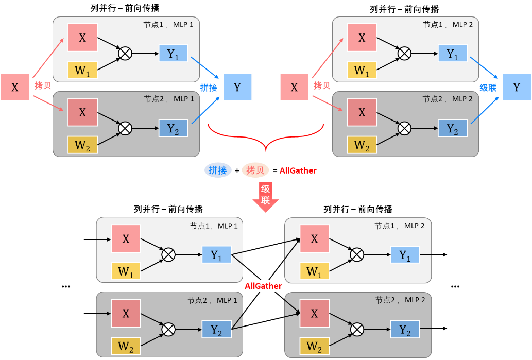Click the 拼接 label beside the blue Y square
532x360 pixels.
pyautogui.click(x=209, y=88)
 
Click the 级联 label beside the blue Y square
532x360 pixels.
pyautogui.click(x=488, y=88)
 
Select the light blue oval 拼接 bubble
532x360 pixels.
pyautogui.click(x=217, y=170)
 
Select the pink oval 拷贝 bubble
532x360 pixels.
pyautogui.click(x=255, y=170)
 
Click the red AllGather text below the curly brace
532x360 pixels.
pyautogui.click(x=298, y=170)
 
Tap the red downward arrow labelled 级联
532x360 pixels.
pyautogui.click(x=265, y=196)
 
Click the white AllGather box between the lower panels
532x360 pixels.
pyautogui.click(x=263, y=286)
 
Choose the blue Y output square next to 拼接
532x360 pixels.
pyautogui.click(x=237, y=87)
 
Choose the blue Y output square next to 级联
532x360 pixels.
pyautogui.click(x=517, y=87)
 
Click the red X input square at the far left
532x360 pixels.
pyautogui.click(x=15, y=87)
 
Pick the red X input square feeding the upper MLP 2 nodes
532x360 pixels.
pyautogui.click(x=294, y=87)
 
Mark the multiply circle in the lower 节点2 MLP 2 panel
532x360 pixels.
pyautogui.click(x=356, y=330)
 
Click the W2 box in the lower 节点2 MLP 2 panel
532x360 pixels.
pyautogui.click(x=314, y=346)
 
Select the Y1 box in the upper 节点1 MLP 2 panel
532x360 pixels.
pyautogui.click(x=453, y=54)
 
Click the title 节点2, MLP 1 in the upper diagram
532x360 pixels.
pyautogui.click(x=169, y=99)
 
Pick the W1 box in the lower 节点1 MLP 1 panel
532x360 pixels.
pyautogui.click(x=126, y=271)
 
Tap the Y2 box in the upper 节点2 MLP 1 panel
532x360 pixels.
pyautogui.click(x=174, y=128)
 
